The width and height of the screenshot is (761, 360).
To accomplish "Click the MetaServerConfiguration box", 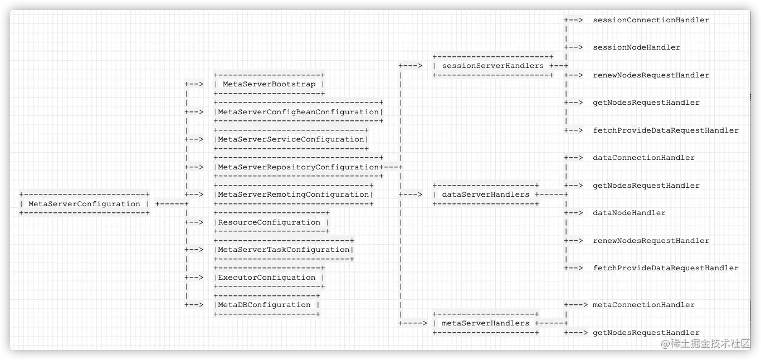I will click(x=84, y=204).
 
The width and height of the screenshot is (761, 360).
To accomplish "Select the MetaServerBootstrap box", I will click(x=269, y=84).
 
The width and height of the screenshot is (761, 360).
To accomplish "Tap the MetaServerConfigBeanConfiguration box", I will click(x=299, y=112).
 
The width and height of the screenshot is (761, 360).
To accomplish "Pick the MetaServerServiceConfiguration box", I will click(x=291, y=139).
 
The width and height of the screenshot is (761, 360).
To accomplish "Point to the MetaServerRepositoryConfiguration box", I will click(x=299, y=167).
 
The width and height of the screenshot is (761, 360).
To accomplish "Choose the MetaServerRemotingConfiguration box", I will click(x=294, y=194).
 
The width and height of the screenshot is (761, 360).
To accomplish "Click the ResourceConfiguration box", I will click(x=272, y=222).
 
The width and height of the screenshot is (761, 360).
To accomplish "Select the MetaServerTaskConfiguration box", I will click(x=284, y=250).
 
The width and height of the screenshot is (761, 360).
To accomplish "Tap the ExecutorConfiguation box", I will click(x=270, y=278).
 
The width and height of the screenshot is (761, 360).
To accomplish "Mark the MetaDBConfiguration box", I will click(x=267, y=305).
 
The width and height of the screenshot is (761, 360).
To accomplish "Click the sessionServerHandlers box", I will click(x=493, y=66).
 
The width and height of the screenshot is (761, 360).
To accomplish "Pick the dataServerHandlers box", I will click(x=486, y=194).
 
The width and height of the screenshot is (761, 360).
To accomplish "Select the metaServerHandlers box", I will click(x=486, y=323).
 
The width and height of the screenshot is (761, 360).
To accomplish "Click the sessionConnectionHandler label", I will click(x=651, y=20).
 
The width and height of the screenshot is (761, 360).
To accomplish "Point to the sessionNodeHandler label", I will click(x=636, y=47).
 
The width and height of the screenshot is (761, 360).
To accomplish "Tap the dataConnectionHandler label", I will click(x=643, y=158).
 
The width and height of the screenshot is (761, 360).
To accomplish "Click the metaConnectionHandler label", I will click(x=643, y=305).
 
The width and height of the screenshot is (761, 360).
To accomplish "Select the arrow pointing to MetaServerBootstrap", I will click(x=194, y=84).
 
